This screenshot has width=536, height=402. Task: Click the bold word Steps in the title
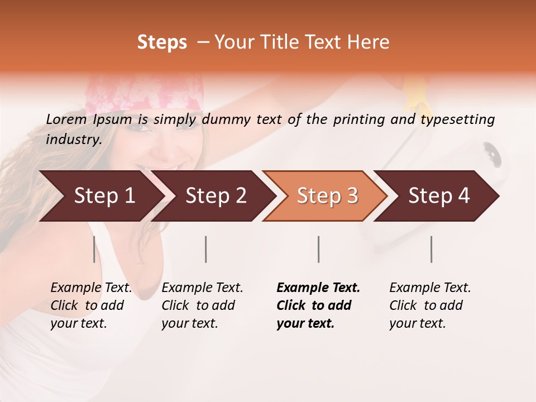(x=162, y=42)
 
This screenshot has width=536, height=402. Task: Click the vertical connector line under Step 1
(x=94, y=249)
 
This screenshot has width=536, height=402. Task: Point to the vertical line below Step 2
(x=206, y=249)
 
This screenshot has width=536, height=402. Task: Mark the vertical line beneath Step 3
(x=319, y=249)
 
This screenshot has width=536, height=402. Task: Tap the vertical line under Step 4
(x=432, y=249)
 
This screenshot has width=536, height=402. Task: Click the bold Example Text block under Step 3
(x=318, y=305)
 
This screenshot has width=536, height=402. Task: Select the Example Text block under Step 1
(x=91, y=305)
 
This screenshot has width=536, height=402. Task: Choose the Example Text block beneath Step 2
(x=202, y=305)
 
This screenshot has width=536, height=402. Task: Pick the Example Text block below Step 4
(x=430, y=305)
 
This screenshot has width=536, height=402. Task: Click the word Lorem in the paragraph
(x=66, y=119)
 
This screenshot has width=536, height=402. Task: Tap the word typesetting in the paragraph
(x=458, y=119)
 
